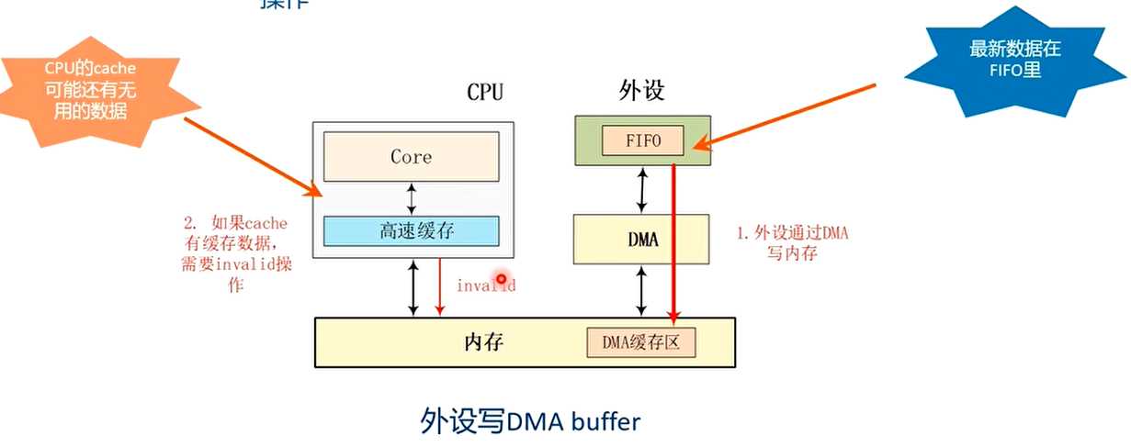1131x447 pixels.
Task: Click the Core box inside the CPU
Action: (x=411, y=156)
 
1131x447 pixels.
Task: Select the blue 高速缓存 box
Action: (x=411, y=231)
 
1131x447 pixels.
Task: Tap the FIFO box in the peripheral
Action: (x=643, y=140)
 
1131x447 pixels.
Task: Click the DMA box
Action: (x=641, y=240)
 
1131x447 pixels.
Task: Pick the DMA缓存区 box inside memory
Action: (x=641, y=342)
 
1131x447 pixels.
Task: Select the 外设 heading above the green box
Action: (x=642, y=91)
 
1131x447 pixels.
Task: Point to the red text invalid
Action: (x=485, y=285)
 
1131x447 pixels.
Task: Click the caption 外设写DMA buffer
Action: (x=529, y=421)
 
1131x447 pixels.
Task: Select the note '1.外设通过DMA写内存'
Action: (x=793, y=242)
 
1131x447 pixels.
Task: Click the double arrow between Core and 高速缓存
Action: (x=411, y=197)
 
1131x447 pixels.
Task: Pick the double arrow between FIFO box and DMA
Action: (x=642, y=190)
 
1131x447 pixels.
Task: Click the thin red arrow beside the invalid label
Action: (x=440, y=287)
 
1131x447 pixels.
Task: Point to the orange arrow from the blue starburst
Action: (x=790, y=115)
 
